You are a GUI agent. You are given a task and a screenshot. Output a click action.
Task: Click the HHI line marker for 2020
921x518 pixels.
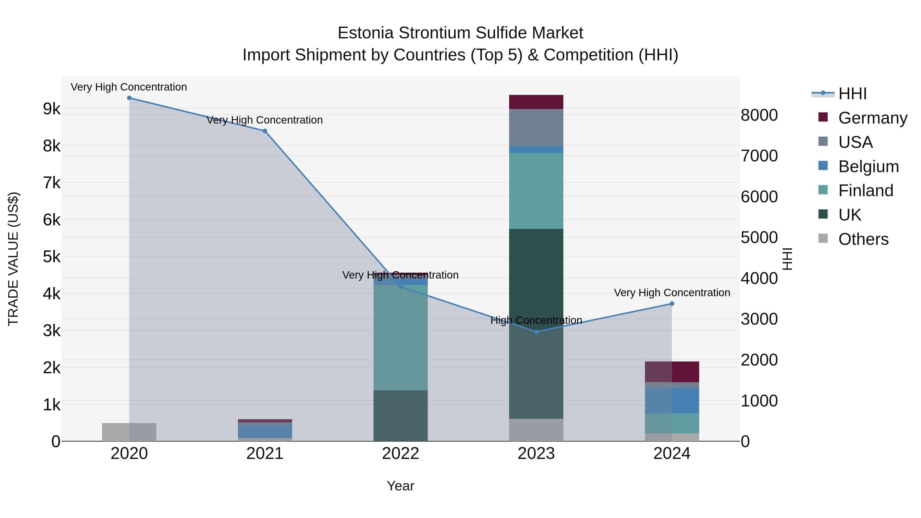[x=129, y=98]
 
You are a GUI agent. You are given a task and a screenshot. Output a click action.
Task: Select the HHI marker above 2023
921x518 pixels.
[x=536, y=332]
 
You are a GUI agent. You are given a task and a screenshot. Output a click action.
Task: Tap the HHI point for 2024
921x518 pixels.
[x=672, y=303]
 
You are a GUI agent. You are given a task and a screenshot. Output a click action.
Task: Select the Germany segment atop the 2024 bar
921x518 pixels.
[x=672, y=372]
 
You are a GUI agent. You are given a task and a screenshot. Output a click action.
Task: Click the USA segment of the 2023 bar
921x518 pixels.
[x=536, y=127]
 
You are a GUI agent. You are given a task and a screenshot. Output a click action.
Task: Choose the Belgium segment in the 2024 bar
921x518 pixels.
[x=672, y=400]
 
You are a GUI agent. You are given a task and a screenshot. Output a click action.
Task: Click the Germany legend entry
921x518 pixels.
[x=872, y=118]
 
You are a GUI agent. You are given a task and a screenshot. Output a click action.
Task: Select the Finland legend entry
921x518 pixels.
[x=865, y=191]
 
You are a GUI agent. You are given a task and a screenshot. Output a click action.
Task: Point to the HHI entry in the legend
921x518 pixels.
[x=852, y=94]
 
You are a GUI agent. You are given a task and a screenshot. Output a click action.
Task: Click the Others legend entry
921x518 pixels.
[x=863, y=239]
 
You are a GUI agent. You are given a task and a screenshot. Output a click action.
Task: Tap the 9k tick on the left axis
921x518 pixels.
[x=51, y=109]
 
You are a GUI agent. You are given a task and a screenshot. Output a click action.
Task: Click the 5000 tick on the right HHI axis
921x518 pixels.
[x=759, y=237]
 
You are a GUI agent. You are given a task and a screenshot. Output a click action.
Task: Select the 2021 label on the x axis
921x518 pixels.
[x=265, y=454]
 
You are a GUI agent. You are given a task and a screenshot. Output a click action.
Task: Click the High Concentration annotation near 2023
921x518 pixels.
[x=536, y=320]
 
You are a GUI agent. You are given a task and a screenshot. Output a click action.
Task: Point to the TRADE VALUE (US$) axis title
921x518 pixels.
[x=13, y=259]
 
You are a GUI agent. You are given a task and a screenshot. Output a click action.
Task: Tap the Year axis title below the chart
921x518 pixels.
[x=400, y=486]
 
